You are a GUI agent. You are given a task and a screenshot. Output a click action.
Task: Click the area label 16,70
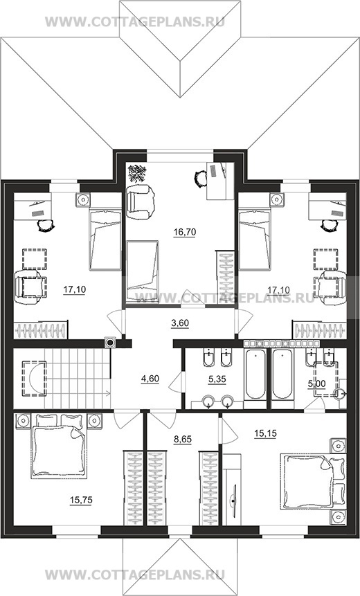click(x=184, y=232)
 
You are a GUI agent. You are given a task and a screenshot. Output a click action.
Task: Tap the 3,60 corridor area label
click(x=180, y=323)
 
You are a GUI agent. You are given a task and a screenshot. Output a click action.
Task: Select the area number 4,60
click(x=150, y=379)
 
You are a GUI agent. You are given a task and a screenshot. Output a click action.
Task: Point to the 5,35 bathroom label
click(x=217, y=379)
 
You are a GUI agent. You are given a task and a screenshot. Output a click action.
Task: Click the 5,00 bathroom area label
click(x=316, y=384)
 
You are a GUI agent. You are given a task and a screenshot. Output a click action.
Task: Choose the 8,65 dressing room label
click(x=183, y=440)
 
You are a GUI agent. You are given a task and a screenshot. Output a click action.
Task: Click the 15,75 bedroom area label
click(x=81, y=500)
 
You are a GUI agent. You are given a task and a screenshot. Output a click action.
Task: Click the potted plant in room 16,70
click(x=137, y=173)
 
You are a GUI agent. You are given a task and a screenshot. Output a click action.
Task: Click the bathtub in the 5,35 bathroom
click(x=255, y=374)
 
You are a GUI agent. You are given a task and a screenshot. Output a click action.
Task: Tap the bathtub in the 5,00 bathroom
click(x=282, y=374)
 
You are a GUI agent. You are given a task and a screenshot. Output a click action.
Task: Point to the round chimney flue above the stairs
click(x=110, y=343)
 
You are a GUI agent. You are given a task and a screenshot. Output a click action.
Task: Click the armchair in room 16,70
click(x=141, y=201)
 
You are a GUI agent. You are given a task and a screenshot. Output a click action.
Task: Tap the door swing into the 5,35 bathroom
click(x=176, y=381)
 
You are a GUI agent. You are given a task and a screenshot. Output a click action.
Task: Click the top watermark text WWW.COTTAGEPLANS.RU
click(x=135, y=21)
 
